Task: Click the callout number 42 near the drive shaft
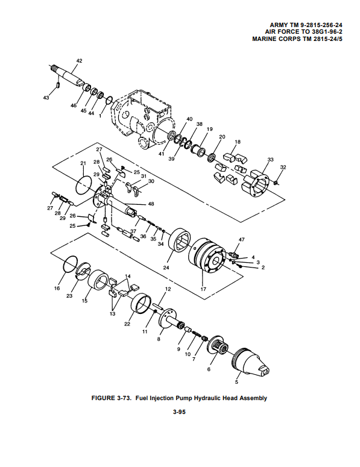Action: coord(79,61)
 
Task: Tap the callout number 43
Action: coord(46,98)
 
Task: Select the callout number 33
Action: coord(270,160)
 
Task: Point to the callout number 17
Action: coord(203,289)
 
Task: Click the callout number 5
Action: coord(236,382)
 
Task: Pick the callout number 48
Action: coord(151,204)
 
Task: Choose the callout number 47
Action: coord(242,239)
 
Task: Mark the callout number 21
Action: coord(83,163)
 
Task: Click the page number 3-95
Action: coord(179,412)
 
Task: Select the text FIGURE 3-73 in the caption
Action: coord(112,398)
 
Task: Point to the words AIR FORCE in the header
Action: coord(282,32)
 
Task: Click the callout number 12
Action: coord(168,289)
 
